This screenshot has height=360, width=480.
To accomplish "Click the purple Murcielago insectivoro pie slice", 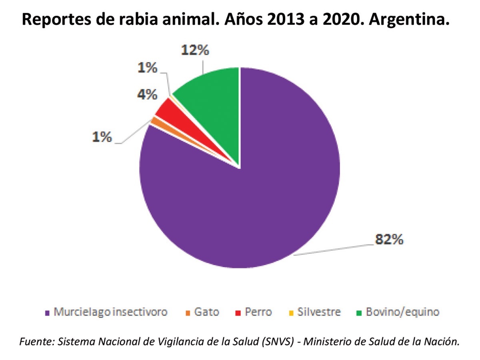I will [248, 208].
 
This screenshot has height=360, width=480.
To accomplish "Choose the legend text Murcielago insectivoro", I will [110, 312].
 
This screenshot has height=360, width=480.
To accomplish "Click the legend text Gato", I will [207, 312].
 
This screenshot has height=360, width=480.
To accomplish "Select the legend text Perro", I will [259, 312].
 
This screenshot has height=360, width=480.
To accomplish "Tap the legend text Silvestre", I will [319, 312].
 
